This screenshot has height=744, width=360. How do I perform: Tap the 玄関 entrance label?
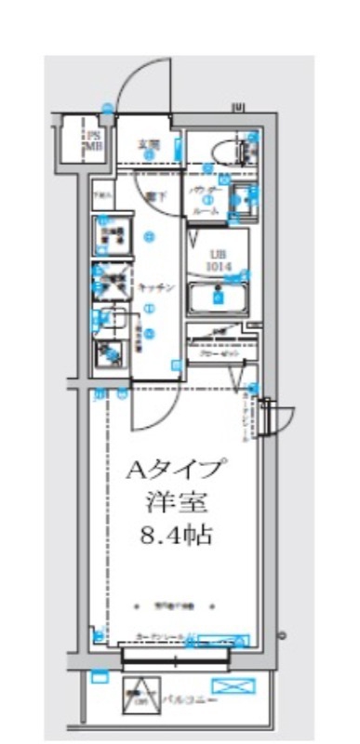click(148, 145)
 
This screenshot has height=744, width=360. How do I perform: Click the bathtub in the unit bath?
click(218, 299)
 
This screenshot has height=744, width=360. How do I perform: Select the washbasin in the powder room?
click(243, 196)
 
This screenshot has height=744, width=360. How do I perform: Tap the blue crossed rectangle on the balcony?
click(238, 687)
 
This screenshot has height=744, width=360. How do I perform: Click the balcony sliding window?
click(175, 658)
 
